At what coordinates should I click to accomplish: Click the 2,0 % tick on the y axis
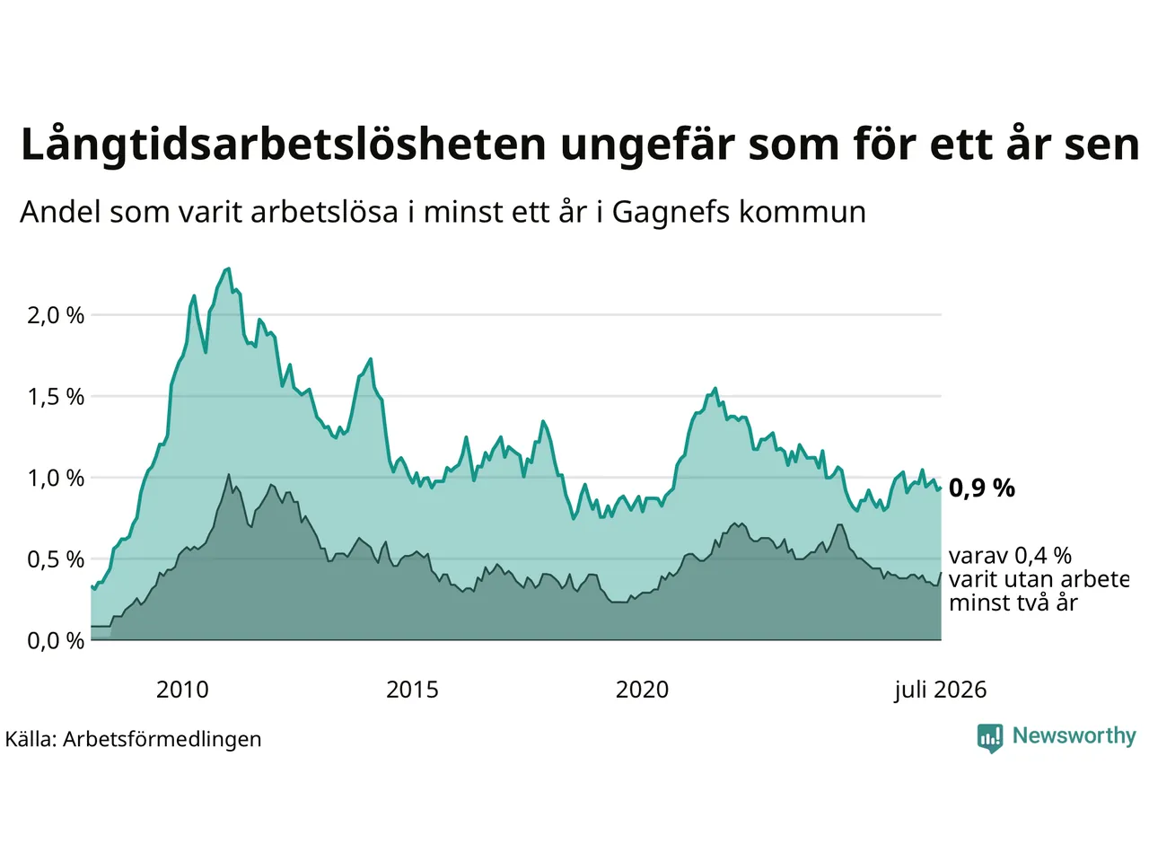[56, 315]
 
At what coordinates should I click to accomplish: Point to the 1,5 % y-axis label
[56, 397]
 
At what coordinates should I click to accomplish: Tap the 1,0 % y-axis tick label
[56, 479]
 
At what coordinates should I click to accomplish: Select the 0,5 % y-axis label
[56, 560]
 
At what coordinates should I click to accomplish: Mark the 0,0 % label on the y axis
[56, 641]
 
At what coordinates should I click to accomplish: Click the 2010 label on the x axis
[182, 690]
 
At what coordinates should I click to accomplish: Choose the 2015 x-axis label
[412, 690]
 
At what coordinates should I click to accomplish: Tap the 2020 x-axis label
[642, 690]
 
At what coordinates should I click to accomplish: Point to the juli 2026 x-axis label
[940, 690]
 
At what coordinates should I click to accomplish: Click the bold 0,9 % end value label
[981, 488]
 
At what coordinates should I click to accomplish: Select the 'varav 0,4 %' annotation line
[1010, 556]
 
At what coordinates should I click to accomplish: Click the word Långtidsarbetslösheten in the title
[283, 144]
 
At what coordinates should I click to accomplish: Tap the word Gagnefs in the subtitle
[671, 213]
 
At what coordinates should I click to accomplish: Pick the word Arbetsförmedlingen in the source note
[162, 740]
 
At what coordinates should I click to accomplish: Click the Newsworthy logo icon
[990, 738]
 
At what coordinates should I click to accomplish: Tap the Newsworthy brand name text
[1074, 736]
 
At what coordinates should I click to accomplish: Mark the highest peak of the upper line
[229, 268]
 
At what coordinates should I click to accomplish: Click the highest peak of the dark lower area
[228, 475]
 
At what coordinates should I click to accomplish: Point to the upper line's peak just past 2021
[715, 388]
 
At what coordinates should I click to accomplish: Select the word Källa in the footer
[30, 739]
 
